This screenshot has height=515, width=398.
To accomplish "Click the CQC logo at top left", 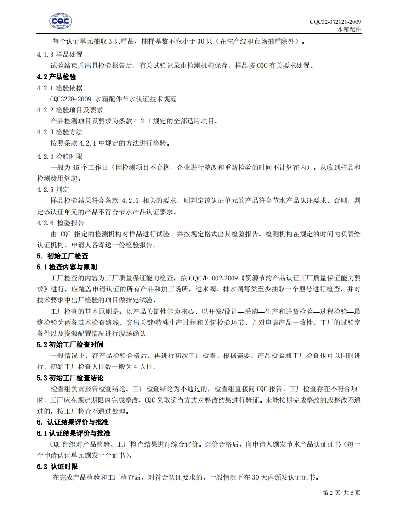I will [61, 21].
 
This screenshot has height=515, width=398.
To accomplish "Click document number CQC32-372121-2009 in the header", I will [335, 22].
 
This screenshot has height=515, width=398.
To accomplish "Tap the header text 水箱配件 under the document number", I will [349, 28].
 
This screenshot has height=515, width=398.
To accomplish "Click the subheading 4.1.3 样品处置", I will [60, 55].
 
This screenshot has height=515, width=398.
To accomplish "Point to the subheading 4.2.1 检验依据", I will [60, 88].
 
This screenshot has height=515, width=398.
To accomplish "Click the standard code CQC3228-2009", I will [70, 99].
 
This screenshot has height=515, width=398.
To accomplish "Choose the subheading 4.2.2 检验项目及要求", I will [70, 110].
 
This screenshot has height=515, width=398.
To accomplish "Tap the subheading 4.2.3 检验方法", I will [60, 132].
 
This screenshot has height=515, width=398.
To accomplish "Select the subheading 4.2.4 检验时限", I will [60, 157].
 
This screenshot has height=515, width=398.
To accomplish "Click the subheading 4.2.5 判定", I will [53, 189].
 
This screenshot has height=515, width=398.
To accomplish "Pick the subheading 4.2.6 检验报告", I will [61, 223].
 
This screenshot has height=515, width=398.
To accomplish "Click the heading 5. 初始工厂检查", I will [63, 256].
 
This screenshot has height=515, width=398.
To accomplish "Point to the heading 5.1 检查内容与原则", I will [67, 267].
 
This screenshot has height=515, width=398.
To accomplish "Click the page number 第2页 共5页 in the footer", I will [341, 493].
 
